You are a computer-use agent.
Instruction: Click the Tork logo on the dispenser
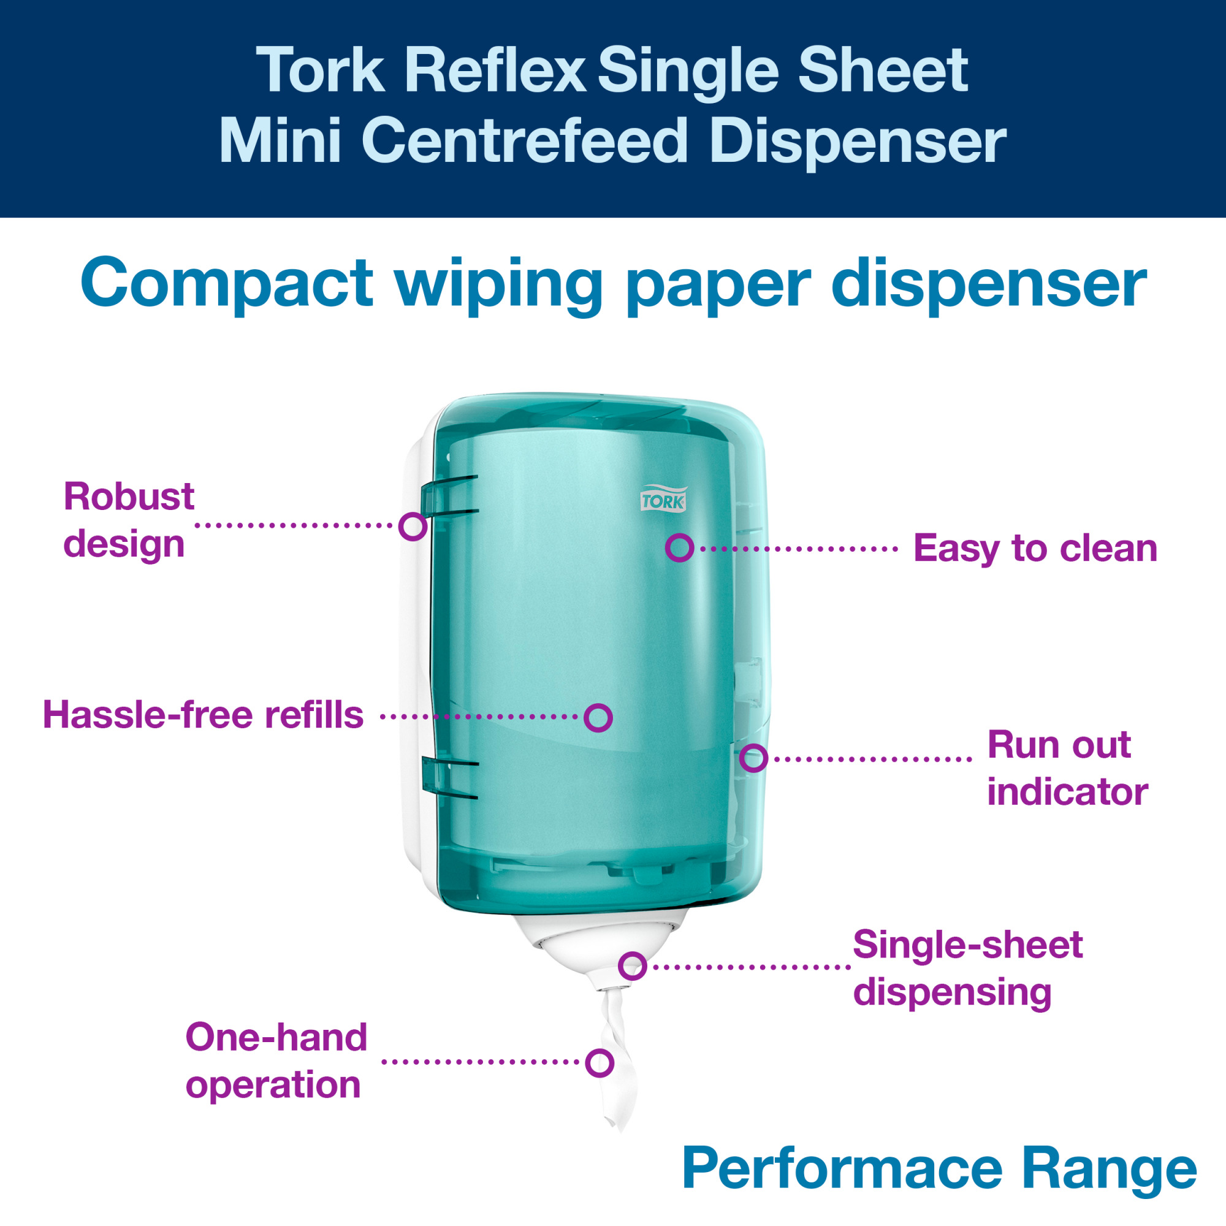point(663,499)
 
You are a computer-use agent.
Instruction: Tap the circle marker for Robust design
point(413,526)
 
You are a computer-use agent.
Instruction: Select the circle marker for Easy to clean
point(680,547)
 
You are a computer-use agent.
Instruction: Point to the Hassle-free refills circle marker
point(598,718)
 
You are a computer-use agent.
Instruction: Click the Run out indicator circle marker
point(754,758)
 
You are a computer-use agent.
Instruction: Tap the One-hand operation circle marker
point(600,1063)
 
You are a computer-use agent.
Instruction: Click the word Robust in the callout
point(129,497)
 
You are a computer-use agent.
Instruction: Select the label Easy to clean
point(1035,548)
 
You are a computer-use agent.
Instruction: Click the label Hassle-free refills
point(203,715)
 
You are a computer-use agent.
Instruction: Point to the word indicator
point(1068,792)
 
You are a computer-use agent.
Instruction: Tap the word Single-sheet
point(968,945)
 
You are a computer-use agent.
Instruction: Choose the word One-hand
point(276,1038)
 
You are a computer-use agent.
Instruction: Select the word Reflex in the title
point(495,70)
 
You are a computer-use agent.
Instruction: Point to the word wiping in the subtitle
point(499,285)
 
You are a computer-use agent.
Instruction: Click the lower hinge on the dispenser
point(449,776)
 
